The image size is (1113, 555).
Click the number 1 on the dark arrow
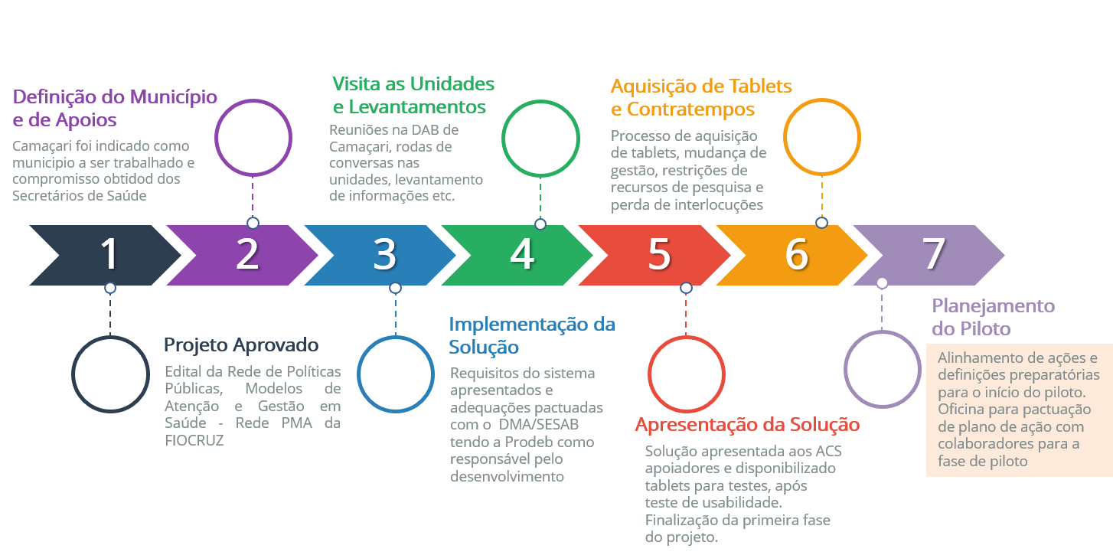[x=110, y=254]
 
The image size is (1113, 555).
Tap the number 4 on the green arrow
[x=522, y=254]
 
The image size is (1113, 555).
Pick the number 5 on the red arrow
[x=659, y=254]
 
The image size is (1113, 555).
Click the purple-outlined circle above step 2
[x=253, y=137]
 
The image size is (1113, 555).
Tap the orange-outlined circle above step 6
[x=821, y=138]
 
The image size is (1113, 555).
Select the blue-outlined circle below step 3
[x=395, y=374]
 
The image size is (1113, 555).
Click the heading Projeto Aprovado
[x=240, y=345]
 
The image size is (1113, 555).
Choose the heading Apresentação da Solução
[x=748, y=425]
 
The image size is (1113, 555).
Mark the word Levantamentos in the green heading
[x=420, y=106]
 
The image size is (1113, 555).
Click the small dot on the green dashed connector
[x=540, y=224]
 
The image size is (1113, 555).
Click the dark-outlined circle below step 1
[x=110, y=374]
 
